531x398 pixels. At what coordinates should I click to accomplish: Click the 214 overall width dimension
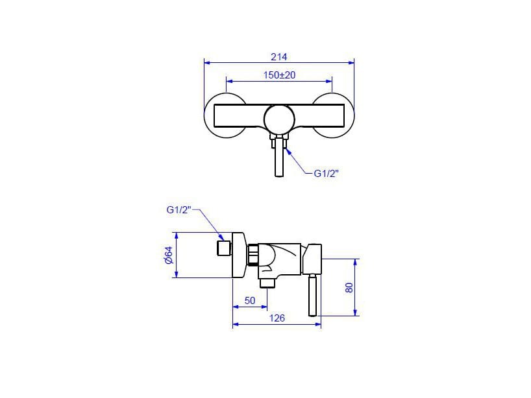[x=279, y=57]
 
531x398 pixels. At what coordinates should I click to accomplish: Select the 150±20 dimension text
[x=279, y=75]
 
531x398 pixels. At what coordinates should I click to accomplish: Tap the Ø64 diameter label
[x=167, y=255]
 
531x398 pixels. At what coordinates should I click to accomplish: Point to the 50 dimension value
[x=249, y=300]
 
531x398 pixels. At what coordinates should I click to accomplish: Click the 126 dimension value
[x=277, y=318]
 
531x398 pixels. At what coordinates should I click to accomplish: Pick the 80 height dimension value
[x=349, y=287]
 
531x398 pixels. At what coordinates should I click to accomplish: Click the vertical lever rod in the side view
[x=313, y=295]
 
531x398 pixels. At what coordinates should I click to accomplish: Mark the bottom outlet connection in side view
[x=267, y=282]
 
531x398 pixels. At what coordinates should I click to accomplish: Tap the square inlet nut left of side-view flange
[x=224, y=249]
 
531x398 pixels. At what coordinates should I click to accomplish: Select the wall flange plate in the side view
[x=238, y=255]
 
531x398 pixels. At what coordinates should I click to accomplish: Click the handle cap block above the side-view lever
[x=313, y=259]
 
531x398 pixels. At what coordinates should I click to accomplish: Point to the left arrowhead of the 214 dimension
[x=207, y=62]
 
